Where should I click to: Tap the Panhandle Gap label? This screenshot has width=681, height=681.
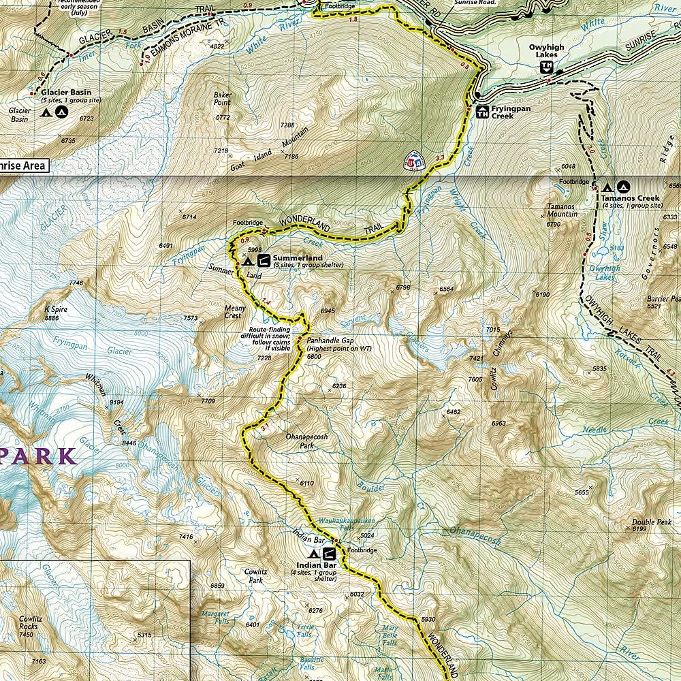tap(330, 340)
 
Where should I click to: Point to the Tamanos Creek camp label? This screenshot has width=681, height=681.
tap(627, 198)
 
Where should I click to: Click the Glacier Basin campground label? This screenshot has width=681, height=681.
tap(65, 93)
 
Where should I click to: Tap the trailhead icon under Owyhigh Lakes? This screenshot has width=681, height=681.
tap(546, 66)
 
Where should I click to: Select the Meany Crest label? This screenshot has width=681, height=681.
tap(234, 312)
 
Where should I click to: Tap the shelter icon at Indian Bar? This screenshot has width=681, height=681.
tap(329, 554)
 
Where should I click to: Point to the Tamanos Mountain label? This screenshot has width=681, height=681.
tap(562, 210)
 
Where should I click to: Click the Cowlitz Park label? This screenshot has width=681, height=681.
tap(254, 576)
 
